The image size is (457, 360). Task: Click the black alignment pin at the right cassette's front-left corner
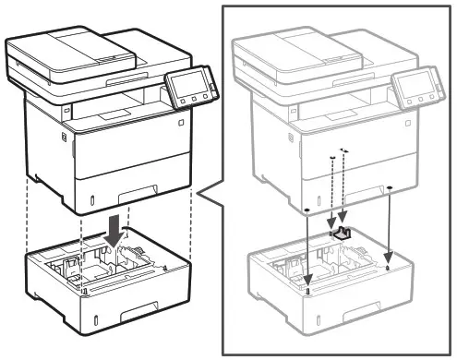pos(307,290)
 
